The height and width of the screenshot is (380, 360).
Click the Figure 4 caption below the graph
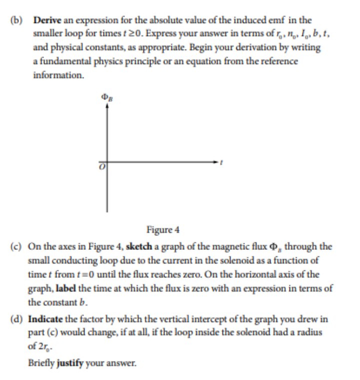point(163,230)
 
